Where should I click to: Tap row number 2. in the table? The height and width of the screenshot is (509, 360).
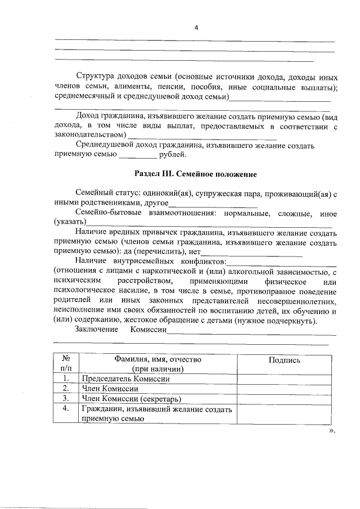66,389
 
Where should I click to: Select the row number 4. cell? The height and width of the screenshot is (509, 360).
66,409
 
